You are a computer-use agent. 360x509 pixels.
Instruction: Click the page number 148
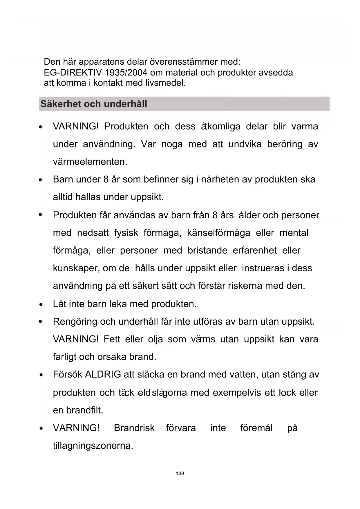(x=180, y=474)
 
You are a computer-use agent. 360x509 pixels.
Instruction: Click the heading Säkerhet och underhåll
(x=94, y=104)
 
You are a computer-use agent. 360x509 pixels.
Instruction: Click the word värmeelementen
(x=90, y=162)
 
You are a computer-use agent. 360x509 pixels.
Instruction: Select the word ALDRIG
(x=103, y=375)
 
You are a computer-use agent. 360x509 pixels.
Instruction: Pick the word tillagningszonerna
(x=93, y=446)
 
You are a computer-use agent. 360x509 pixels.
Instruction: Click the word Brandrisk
(x=134, y=428)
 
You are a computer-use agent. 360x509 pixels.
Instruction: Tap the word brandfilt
(x=85, y=410)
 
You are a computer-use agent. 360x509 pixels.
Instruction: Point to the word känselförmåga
(x=218, y=233)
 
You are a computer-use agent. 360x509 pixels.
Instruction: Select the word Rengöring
(x=75, y=322)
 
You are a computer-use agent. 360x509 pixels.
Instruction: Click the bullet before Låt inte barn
(x=41, y=305)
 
